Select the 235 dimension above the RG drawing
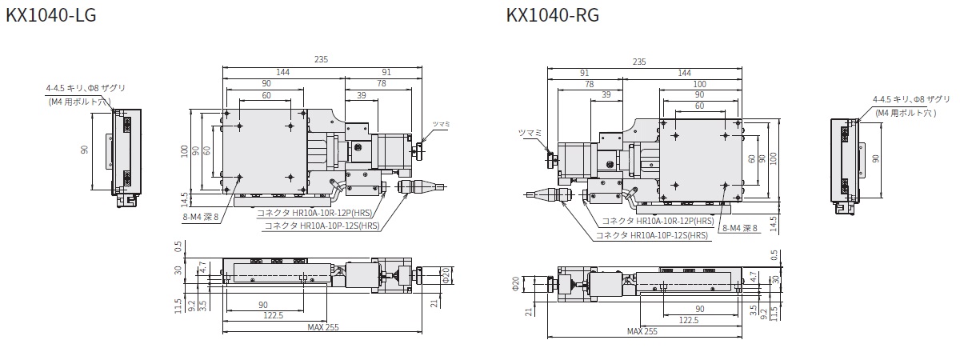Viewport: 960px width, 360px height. coord(639,62)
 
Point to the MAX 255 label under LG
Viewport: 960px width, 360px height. coord(322,327)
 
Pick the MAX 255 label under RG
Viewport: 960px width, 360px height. coord(642,331)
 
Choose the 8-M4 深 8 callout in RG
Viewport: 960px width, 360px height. coord(738,227)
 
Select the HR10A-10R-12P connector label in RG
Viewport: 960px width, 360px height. coord(658,221)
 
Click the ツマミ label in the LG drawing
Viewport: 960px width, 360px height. coord(442,124)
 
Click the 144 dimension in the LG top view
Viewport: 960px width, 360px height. coord(282,73)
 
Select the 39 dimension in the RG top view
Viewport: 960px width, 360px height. coord(606,94)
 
